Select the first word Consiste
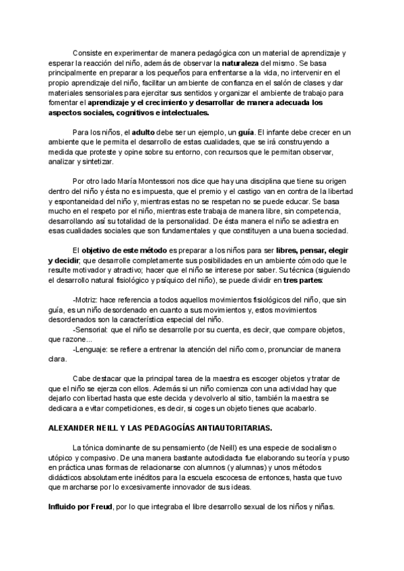[x=87, y=52]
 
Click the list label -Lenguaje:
[x=90, y=350]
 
